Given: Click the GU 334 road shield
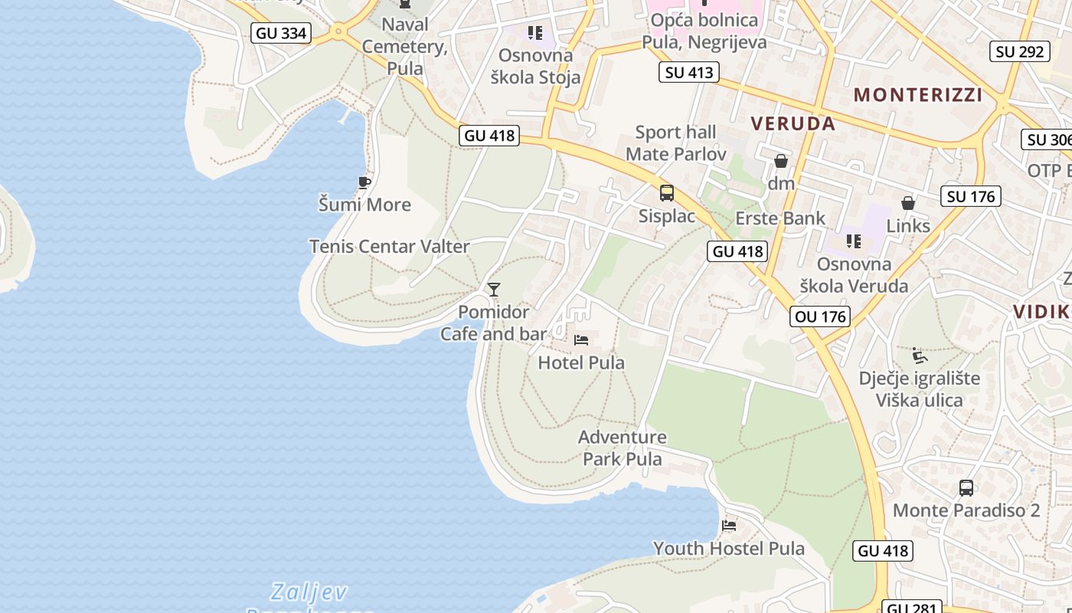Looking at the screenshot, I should [x=280, y=33].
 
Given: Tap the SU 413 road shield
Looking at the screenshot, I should [x=688, y=73].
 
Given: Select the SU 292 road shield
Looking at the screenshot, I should [x=1021, y=51].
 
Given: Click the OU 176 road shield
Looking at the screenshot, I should [x=820, y=316].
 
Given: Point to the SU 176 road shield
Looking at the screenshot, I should [x=971, y=196].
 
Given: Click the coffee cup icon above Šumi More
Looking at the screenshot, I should [x=364, y=182].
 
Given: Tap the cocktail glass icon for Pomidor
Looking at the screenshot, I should [x=494, y=290].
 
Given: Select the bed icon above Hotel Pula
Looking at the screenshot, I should [x=581, y=339].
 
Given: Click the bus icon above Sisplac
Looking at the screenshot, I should [x=667, y=193].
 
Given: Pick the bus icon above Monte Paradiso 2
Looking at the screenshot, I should [x=966, y=487].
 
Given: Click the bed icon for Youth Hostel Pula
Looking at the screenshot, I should [x=729, y=526].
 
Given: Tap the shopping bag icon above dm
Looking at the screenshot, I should [x=781, y=161].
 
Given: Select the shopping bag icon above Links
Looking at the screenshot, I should [x=908, y=203].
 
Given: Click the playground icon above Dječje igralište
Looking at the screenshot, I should [x=920, y=356].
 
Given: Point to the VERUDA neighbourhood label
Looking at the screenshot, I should [x=793, y=123].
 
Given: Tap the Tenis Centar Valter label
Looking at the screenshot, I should [x=389, y=247].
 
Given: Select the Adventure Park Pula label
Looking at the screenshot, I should [x=622, y=448].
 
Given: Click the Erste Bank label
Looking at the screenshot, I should [x=780, y=218].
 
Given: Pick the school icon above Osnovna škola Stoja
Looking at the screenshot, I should [x=535, y=33].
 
